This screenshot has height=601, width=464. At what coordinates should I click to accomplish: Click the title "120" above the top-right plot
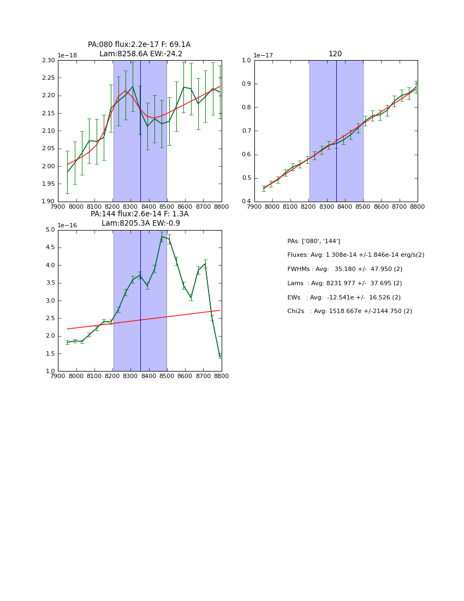pos(335,54)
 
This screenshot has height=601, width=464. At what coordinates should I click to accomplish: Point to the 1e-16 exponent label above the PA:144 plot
pos(67,225)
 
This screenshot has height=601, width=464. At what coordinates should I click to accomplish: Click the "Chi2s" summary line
pos(349,311)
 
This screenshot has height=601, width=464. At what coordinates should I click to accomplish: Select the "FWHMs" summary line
pos(344,269)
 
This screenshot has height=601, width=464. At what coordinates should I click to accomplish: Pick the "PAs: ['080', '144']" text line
pos(313,241)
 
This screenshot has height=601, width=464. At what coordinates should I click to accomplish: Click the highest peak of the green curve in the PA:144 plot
pos(162,236)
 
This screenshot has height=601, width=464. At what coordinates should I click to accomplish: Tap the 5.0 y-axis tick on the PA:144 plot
pos(51,229)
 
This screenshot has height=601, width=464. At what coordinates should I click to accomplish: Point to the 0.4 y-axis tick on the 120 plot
pos(247,202)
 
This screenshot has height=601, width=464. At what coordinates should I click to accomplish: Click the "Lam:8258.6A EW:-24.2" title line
pos(141,54)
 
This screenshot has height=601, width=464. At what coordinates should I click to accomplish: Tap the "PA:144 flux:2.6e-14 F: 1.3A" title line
pos(139,214)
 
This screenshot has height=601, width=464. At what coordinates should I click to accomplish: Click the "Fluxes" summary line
pos(355,255)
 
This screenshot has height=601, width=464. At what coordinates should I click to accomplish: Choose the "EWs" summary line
pos(344,297)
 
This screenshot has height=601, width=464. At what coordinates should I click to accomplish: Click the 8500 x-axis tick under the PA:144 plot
pos(167,376)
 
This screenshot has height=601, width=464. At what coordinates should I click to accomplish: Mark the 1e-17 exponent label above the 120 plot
pos(264,56)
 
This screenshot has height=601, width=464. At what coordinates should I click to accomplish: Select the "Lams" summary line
pos(344,283)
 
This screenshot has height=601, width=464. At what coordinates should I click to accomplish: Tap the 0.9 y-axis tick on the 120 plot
pos(247,84)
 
